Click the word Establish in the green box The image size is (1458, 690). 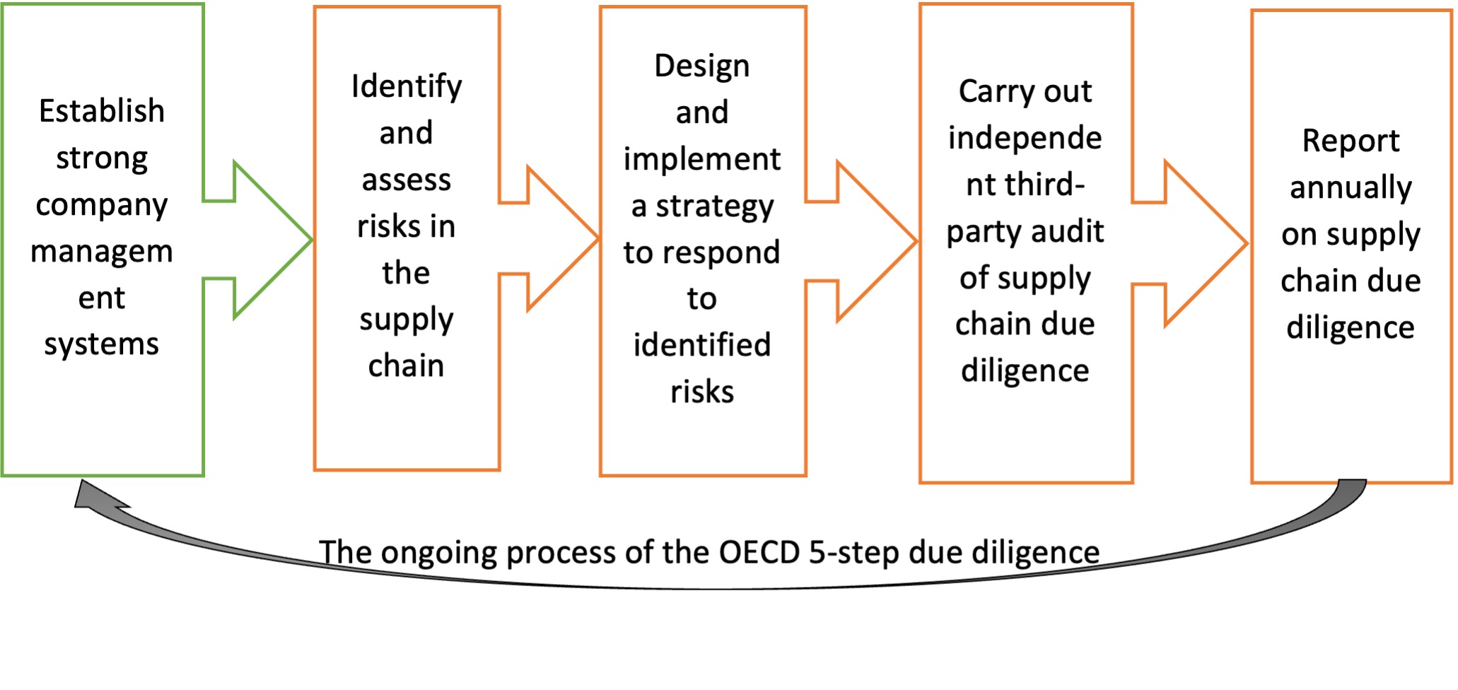pos(102,111)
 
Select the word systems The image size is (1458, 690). pos(102,345)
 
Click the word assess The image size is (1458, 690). pos(407,180)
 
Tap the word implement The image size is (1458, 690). pos(702,160)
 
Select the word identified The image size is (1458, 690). pos(702,345)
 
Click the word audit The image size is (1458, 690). pos(1068,231)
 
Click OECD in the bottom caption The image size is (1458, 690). pos(759,552)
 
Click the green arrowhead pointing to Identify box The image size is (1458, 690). pos(273,240)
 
